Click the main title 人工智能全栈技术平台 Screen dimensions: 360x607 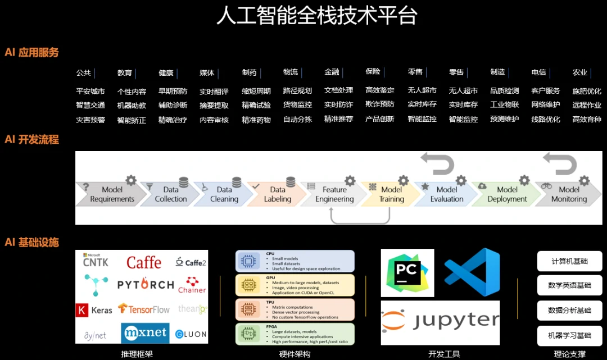[x=316, y=16]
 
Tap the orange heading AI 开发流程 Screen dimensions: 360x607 [x=31, y=140]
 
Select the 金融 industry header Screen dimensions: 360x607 [x=332, y=72]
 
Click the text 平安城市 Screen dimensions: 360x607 [x=90, y=91]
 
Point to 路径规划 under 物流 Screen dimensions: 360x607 [x=297, y=91]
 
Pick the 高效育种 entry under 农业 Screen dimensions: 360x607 [x=586, y=119]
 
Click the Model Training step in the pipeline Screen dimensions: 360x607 [x=391, y=194]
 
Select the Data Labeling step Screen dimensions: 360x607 [x=277, y=194]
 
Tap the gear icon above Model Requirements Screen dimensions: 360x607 [x=131, y=180]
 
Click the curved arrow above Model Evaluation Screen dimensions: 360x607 [x=438, y=163]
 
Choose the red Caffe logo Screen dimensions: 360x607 [x=144, y=262]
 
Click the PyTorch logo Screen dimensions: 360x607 [x=146, y=285]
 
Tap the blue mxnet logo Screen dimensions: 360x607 [x=145, y=333]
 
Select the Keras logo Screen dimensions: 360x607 [x=94, y=309]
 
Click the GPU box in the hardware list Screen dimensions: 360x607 [x=295, y=285]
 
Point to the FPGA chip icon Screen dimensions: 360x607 [x=247, y=334]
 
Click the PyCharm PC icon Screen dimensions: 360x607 [x=407, y=272]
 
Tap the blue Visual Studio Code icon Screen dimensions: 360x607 [x=472, y=272]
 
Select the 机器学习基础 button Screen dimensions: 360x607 [x=569, y=335]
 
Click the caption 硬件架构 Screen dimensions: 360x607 [x=295, y=354]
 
